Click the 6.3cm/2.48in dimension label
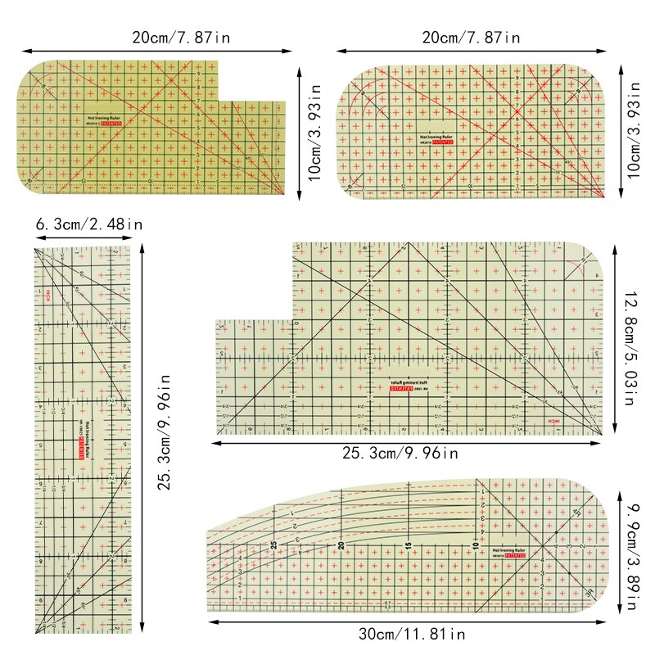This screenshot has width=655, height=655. point(88,224)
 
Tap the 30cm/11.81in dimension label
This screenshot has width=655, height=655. point(411,634)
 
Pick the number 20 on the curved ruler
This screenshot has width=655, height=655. point(341,544)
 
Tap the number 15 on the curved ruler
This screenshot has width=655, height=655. point(407,544)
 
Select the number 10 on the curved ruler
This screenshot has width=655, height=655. point(474,544)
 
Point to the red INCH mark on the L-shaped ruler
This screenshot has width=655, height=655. point(555,420)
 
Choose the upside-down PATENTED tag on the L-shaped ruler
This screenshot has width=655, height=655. point(403,390)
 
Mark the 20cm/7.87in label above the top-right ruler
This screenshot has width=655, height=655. point(470,37)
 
